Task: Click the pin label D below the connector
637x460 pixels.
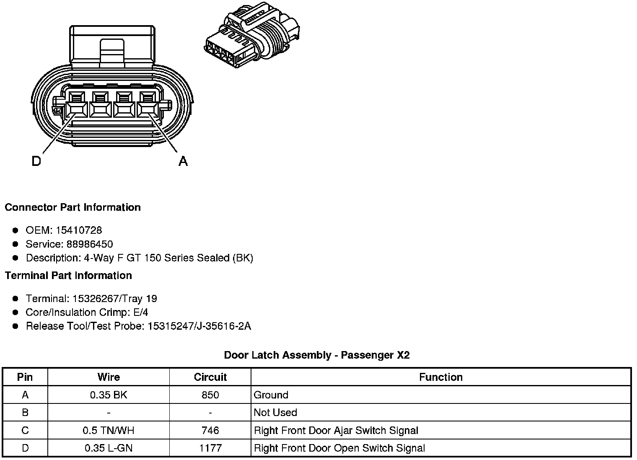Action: [x=36, y=161]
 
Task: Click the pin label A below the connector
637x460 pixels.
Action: [x=183, y=161]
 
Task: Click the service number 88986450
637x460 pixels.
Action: [x=90, y=244]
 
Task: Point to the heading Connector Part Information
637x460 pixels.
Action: [x=73, y=207]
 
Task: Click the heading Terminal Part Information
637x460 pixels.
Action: [x=68, y=276]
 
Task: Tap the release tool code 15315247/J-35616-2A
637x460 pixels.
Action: [x=199, y=326]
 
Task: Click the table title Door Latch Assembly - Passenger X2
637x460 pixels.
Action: [x=317, y=355]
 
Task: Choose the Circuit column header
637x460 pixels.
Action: [x=210, y=377]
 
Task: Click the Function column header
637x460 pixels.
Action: [x=440, y=377]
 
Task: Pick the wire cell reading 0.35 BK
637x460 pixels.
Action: [x=109, y=395]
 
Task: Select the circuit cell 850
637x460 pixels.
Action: [x=210, y=395]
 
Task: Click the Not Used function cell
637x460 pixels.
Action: [x=275, y=413]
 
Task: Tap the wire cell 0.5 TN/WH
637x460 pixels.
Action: [x=109, y=430]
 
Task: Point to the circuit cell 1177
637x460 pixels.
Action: [x=210, y=448]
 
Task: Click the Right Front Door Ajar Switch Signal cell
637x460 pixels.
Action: [x=336, y=430]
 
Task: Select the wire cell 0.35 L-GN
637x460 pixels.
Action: [x=109, y=448]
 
